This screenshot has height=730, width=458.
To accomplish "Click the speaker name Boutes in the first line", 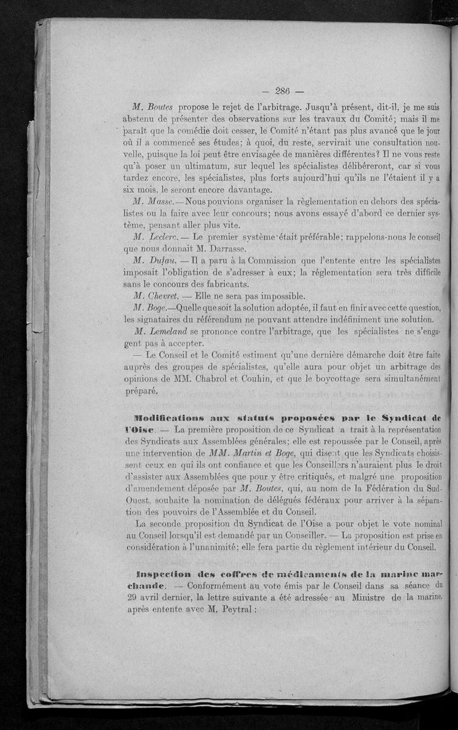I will (161, 108).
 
